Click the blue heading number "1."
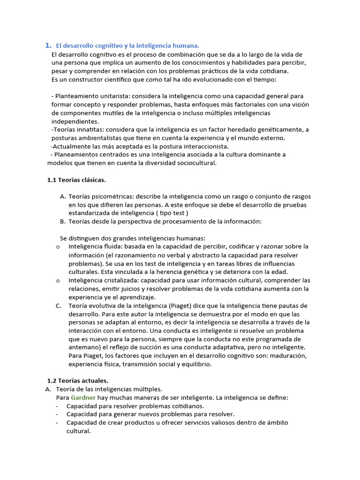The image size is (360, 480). coord(48,45)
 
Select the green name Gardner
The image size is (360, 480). coord(83,397)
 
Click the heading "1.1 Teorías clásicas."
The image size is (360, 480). coord(77,180)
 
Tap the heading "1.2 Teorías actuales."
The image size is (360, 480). coord(78,381)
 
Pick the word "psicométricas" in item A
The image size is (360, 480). coord(114,196)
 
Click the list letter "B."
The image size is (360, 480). coord(63,221)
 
